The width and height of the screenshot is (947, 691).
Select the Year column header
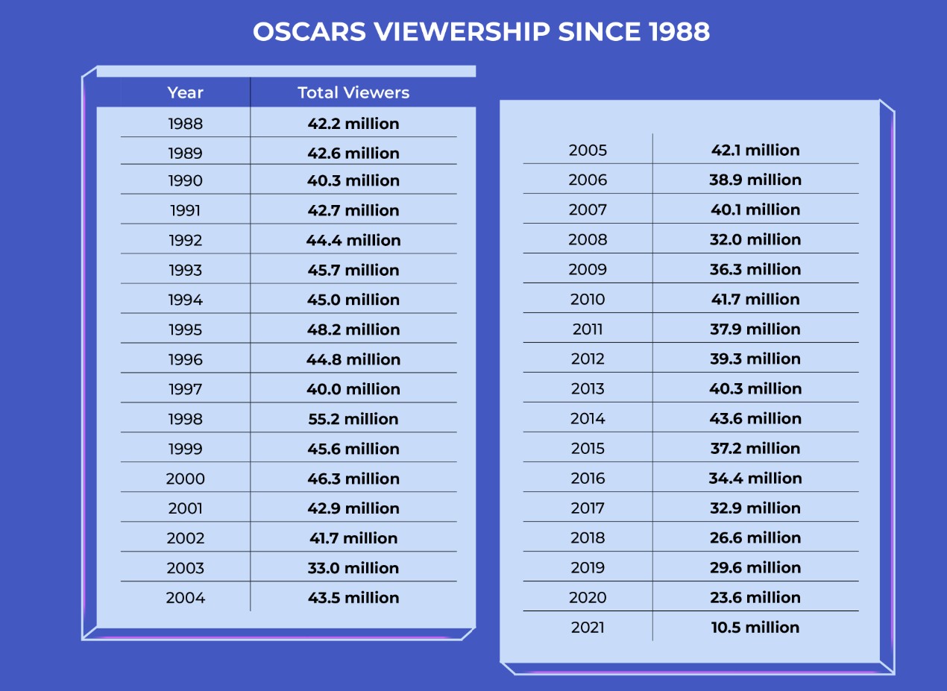pos(185,92)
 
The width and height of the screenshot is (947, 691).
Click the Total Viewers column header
pos(353,92)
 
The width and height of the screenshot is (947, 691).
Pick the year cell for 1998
pos(185,419)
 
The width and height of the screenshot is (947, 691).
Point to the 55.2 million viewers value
pos(353,419)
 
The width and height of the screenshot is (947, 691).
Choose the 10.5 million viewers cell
pos(755,628)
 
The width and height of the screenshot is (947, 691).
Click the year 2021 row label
pos(588,628)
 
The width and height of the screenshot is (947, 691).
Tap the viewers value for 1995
pos(353,329)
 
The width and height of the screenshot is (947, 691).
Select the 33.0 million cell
pos(353,568)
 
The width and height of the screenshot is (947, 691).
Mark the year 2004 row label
pos(185,598)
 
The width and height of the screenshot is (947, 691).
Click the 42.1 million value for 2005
pos(755,150)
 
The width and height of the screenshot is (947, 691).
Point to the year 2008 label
pos(588,239)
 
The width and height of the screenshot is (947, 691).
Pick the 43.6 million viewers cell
pos(755,418)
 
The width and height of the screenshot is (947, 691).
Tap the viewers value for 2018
pos(755,537)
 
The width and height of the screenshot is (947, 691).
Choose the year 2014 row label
pos(588,418)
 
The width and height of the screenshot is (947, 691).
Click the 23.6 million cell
pos(755,597)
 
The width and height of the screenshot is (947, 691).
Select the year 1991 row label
pos(185,210)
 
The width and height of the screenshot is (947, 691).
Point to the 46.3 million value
pos(353,479)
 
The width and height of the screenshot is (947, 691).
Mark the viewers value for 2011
pos(755,329)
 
